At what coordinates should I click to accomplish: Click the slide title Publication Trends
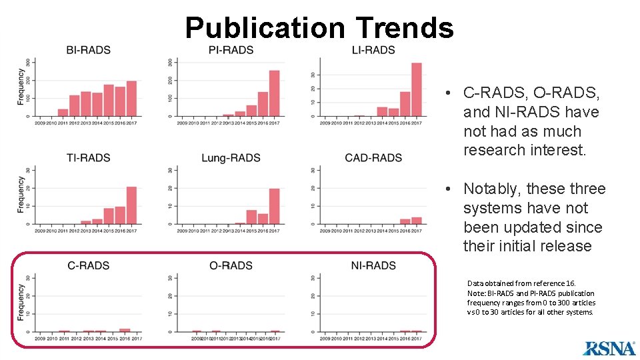319,28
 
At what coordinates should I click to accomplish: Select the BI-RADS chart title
88,50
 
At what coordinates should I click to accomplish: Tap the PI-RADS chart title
231,50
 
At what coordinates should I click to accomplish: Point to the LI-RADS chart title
373,50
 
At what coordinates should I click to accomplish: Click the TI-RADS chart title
88,158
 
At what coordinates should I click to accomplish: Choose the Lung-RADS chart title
231,158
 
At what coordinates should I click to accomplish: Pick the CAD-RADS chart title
373,158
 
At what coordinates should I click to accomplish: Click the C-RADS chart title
88,265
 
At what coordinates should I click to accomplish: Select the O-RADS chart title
231,265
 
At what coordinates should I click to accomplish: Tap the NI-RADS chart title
373,265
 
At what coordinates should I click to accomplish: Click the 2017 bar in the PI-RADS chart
274,93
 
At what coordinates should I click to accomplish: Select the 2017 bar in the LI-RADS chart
417,89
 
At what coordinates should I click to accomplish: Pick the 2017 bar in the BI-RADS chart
131,99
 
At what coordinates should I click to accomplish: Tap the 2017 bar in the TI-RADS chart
131,205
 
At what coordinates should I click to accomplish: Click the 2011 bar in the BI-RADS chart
63,113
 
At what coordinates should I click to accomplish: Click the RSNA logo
609,347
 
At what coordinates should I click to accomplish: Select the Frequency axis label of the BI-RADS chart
21,89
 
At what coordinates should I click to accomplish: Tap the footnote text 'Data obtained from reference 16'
521,283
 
